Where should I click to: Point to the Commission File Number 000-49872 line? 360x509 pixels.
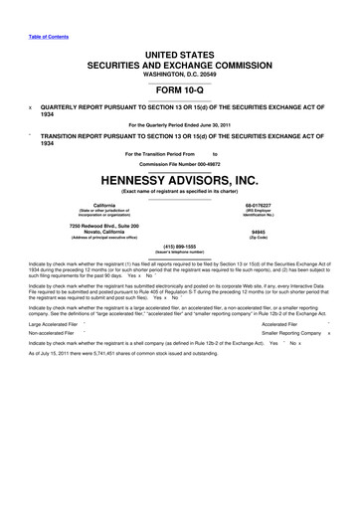pyautogui.click(x=179, y=163)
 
